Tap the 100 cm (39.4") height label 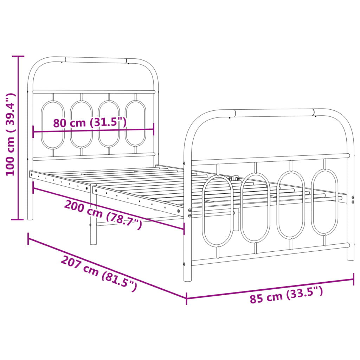pos(11,135)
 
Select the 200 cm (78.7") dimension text pos(103,214)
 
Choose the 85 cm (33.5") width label pos(286,295)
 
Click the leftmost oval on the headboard pos(53,125)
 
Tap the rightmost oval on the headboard pos(136,123)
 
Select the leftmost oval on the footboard pos(218,211)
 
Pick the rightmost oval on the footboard pos(325,202)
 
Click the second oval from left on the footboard pos(256,207)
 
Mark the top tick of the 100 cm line pos(18,56)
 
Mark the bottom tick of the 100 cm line pos(18,220)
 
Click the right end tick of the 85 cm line pos(354,279)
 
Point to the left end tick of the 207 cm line pos(28,238)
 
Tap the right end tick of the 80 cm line pos(154,129)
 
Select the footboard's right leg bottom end pos(351,259)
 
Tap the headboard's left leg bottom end pos(30,218)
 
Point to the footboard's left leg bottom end pos(188,279)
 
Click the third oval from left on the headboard pos(108,124)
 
